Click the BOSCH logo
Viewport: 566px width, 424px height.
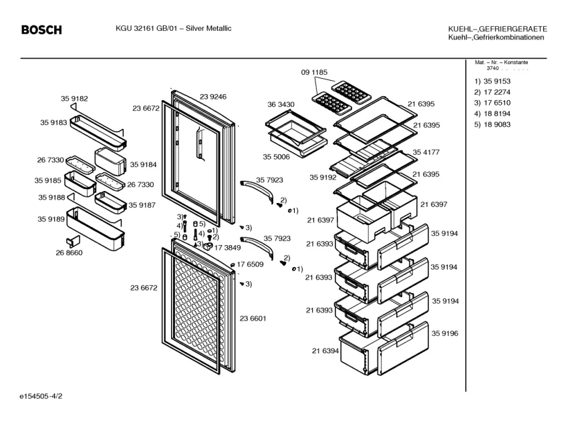click(x=41, y=30)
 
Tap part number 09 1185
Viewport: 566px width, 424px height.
click(x=314, y=71)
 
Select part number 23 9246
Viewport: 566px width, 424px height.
click(x=213, y=97)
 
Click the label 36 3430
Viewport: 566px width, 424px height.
click(x=281, y=105)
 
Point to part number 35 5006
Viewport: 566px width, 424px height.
click(x=276, y=158)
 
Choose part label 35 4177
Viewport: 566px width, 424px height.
click(x=426, y=152)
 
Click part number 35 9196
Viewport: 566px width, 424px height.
click(x=444, y=333)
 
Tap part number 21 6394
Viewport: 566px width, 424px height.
click(x=325, y=351)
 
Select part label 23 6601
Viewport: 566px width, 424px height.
click(x=253, y=319)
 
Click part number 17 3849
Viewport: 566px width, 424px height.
click(x=228, y=247)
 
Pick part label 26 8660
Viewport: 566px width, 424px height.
click(x=69, y=252)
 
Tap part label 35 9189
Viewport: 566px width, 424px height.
click(x=51, y=218)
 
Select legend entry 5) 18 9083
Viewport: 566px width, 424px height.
click(x=492, y=125)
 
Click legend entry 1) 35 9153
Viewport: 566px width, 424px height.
click(x=492, y=81)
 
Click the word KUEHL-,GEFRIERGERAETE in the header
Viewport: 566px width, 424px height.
click(x=498, y=29)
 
